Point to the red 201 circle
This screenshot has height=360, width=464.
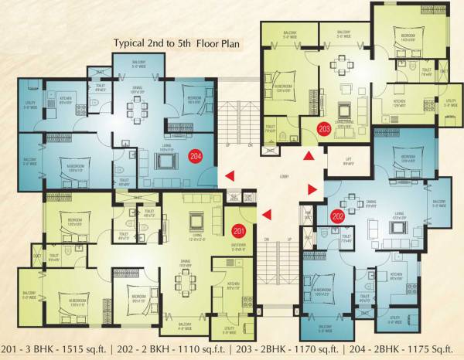pyautogui.click(x=238, y=231)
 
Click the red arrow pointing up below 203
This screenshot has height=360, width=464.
pyautogui.click(x=308, y=157)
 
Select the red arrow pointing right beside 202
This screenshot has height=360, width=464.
pyautogui.click(x=312, y=189)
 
